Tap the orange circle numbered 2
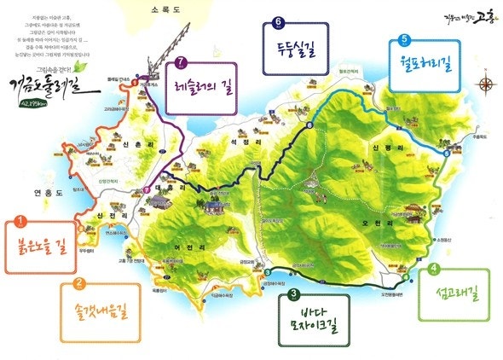[79, 285]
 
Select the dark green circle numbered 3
[293, 295]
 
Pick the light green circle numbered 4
[435, 270]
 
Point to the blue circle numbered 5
[404, 38]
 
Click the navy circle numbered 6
[278, 22]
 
